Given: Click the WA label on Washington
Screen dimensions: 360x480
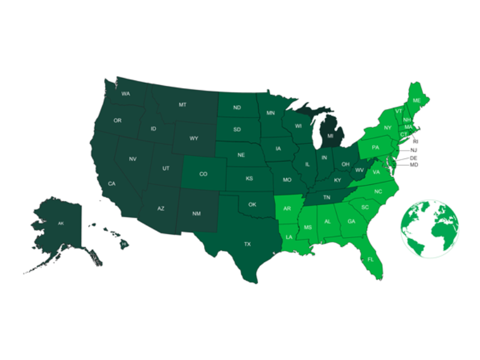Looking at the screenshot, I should click(x=125, y=94).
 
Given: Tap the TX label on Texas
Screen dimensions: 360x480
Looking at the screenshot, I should click(x=247, y=244).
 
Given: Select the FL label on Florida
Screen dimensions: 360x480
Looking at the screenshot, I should click(x=370, y=260).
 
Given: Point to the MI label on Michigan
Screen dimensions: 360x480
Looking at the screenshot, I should click(x=329, y=136).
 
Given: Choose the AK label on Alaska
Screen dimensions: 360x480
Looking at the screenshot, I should click(x=61, y=223).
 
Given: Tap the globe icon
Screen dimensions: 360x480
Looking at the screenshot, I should click(x=430, y=227).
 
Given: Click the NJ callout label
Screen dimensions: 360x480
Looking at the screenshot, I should click(x=413, y=150).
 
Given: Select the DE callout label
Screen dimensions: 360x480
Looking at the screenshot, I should click(x=413, y=157).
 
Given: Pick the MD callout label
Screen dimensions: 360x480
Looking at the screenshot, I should click(x=413, y=164).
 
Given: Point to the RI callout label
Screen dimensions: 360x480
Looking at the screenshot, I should click(x=416, y=142).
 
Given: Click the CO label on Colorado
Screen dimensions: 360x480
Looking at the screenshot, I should click(x=203, y=174).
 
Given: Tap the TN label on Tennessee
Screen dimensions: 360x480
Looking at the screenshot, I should click(x=327, y=197).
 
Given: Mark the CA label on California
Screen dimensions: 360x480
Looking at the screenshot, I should click(x=112, y=183).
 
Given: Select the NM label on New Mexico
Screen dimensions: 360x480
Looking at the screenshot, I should click(x=196, y=214).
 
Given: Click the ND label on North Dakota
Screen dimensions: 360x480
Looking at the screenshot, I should click(x=237, y=108).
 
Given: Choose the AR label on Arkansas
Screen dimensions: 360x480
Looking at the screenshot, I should click(x=287, y=209).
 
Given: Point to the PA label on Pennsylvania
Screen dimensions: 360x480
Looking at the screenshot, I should click(x=376, y=147).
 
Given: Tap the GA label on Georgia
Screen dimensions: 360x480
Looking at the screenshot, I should click(x=351, y=221).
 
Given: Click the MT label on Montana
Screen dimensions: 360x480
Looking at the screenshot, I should click(x=182, y=105).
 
